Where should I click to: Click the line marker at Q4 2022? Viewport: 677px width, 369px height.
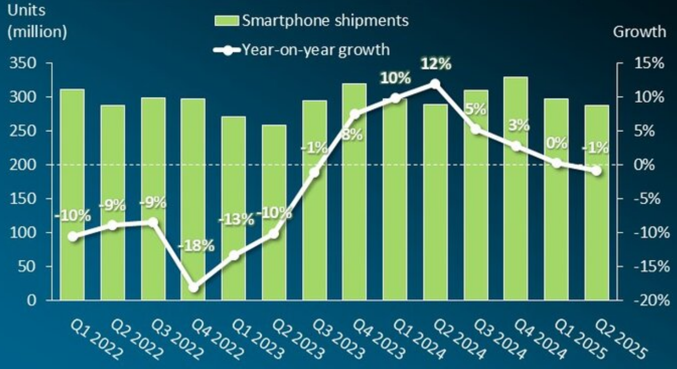[193, 288]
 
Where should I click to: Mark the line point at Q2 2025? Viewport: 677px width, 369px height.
[596, 170]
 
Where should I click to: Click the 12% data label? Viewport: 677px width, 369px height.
[436, 64]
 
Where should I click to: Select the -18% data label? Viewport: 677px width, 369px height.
[196, 246]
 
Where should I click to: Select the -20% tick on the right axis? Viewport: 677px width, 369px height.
[650, 300]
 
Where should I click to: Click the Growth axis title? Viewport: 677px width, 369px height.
[640, 31]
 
